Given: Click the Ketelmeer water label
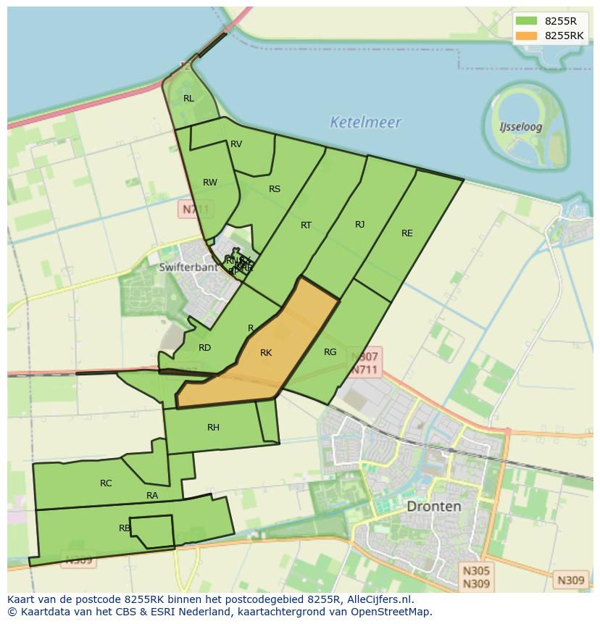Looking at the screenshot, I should pos(365,122).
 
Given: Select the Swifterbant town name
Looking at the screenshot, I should pos(188,267).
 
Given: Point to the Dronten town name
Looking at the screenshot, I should pos(433,506).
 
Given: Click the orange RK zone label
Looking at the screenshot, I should pos(266,353).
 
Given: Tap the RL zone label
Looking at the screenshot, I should pos(188,99).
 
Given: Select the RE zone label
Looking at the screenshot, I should pos(407,233).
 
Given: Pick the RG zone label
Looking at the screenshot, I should pos(330,352).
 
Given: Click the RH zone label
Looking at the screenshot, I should pos(213,428).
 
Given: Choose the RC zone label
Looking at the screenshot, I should pos(106,483).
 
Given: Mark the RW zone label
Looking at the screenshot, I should pos(210,183).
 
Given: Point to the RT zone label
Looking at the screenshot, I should pos(306,225).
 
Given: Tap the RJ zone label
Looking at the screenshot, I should pos(360,225).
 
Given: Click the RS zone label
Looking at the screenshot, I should pos(275,189).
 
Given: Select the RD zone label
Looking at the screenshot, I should pos(205,348).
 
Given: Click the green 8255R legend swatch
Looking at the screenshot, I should pos(527,20).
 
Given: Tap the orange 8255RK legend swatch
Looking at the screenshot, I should pos(527,35).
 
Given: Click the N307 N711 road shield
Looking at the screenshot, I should pos(364,363).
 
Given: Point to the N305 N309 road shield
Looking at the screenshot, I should pos(475,577).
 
